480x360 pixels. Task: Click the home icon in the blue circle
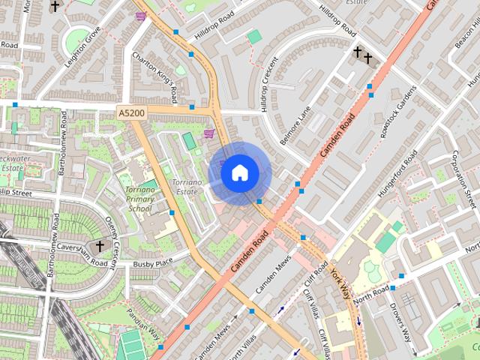pos(239,173)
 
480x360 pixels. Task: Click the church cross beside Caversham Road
pos(99,246)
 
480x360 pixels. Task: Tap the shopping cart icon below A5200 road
pos(208,133)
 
